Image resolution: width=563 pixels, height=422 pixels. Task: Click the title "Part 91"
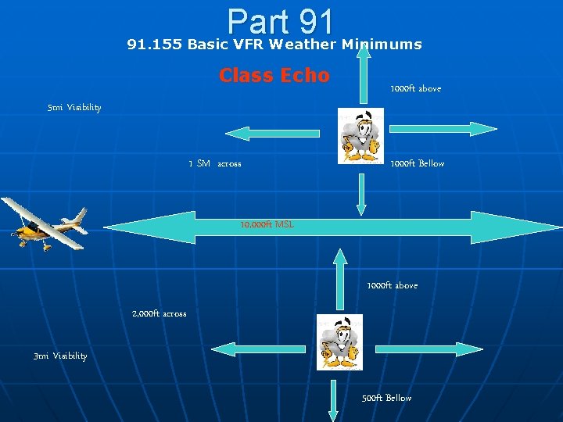281,20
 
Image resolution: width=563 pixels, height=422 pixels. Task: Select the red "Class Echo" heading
274,76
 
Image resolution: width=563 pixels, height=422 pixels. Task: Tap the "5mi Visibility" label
74,107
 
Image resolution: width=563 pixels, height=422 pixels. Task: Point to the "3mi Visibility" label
60,356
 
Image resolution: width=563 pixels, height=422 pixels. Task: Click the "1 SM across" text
215,163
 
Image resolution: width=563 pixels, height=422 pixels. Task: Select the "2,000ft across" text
159,313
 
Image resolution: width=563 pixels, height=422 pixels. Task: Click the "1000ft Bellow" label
417,163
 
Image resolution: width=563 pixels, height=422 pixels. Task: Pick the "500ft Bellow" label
386,398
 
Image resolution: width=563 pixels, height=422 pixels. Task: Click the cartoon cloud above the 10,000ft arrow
360,136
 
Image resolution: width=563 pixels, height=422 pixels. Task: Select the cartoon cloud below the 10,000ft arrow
339,342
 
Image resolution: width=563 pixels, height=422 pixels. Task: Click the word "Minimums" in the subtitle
381,45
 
